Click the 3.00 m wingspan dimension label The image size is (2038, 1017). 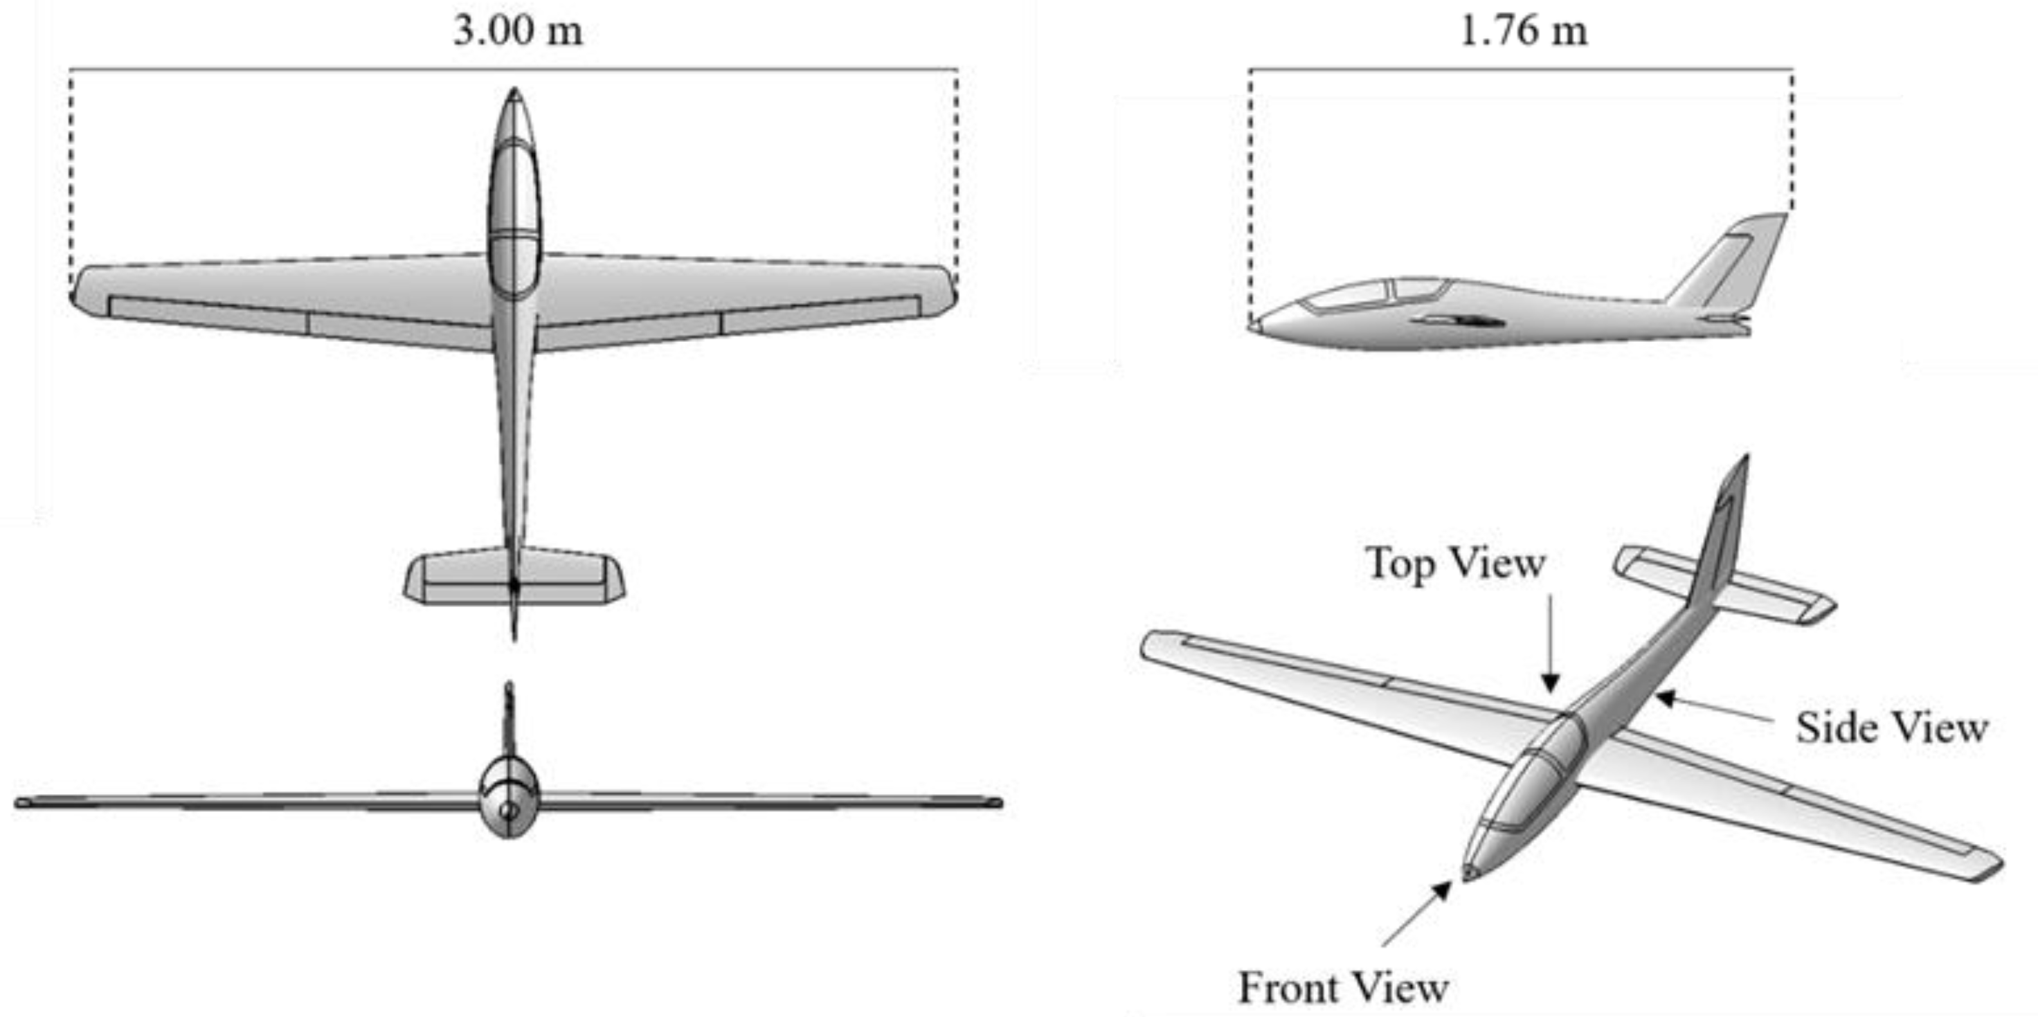[518, 32]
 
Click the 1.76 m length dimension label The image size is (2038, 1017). [1523, 32]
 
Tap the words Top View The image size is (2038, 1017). [1456, 564]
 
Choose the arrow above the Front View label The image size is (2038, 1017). [1416, 914]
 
